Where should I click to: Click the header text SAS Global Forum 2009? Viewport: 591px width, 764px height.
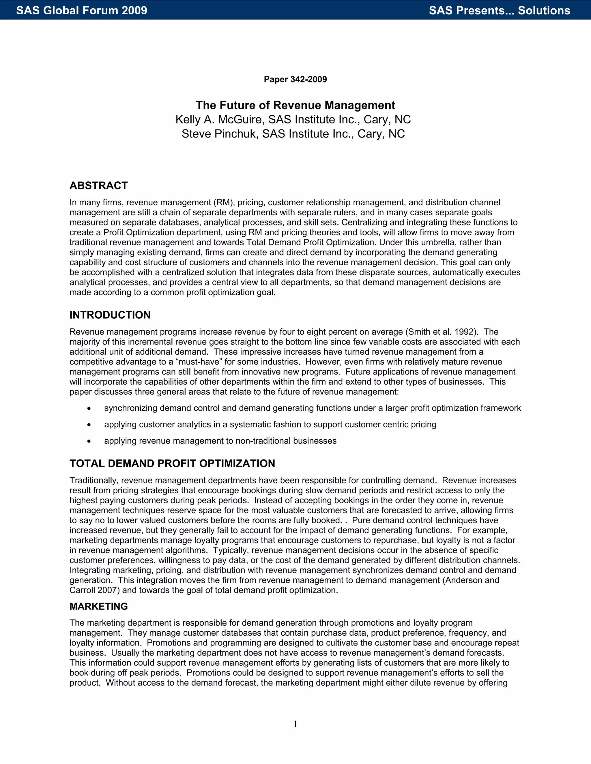(x=82, y=10)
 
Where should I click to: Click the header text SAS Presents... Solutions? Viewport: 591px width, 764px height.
(x=499, y=10)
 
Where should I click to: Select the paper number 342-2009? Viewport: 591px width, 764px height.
(x=308, y=79)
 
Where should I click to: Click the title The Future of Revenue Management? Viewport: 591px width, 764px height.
(x=295, y=105)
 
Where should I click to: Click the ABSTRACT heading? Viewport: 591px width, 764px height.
(x=98, y=185)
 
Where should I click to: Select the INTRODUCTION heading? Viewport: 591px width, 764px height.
(x=110, y=315)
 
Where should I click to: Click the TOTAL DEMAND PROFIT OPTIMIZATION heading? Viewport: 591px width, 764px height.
(x=172, y=464)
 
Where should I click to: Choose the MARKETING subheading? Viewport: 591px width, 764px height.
(x=98, y=607)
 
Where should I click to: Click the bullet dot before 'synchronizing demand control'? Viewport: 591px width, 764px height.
(x=89, y=409)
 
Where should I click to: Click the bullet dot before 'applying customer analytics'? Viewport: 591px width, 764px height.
(x=89, y=425)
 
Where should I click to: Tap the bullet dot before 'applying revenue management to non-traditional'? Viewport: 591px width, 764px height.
(x=89, y=441)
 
